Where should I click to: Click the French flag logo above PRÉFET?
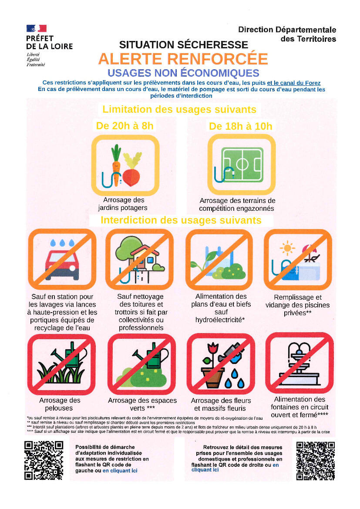pyautogui.click(x=37, y=28)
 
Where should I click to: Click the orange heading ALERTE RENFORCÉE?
pyautogui.click(x=183, y=59)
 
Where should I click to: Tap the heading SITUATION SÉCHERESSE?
pyautogui.click(x=183, y=44)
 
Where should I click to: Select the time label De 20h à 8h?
pyautogui.click(x=124, y=126)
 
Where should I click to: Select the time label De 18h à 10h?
pyautogui.click(x=241, y=126)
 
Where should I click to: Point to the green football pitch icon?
pyautogui.click(x=242, y=165)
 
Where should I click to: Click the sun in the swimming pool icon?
pyautogui.click(x=287, y=248)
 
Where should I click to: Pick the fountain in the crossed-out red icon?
pyautogui.click(x=299, y=364)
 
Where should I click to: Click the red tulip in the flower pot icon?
pyautogui.click(x=212, y=348)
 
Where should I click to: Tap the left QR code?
pyautogui.click(x=44, y=460)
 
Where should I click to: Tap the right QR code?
pyautogui.click(x=316, y=460)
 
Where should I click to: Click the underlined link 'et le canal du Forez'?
pyautogui.click(x=294, y=83)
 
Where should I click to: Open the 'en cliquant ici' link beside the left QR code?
pyautogui.click(x=120, y=470)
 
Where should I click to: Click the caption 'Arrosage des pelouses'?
pyautogui.click(x=59, y=404)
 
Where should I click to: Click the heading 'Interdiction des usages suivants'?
pyautogui.click(x=181, y=220)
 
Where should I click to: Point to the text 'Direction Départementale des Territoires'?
pyautogui.click(x=287, y=34)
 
